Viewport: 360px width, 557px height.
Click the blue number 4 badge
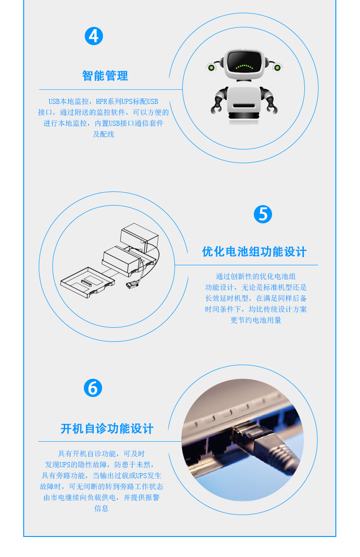94,36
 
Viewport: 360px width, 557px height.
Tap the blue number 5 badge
263,214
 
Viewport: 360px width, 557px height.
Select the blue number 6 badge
93,387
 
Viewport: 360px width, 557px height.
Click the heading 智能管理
105,76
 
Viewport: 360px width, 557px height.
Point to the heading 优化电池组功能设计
254,252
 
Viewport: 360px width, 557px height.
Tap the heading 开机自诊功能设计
107,429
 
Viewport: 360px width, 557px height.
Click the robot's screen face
244,62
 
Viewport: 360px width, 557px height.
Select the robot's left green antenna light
211,67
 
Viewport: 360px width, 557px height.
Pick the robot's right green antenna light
278,67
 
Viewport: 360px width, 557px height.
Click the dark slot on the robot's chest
244,106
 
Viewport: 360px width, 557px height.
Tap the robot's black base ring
244,116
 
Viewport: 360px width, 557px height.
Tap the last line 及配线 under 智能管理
103,134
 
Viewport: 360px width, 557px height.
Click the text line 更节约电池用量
256,320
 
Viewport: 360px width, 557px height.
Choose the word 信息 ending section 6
101,508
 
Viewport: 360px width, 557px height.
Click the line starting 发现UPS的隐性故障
99,464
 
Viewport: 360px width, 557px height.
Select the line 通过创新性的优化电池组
256,276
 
